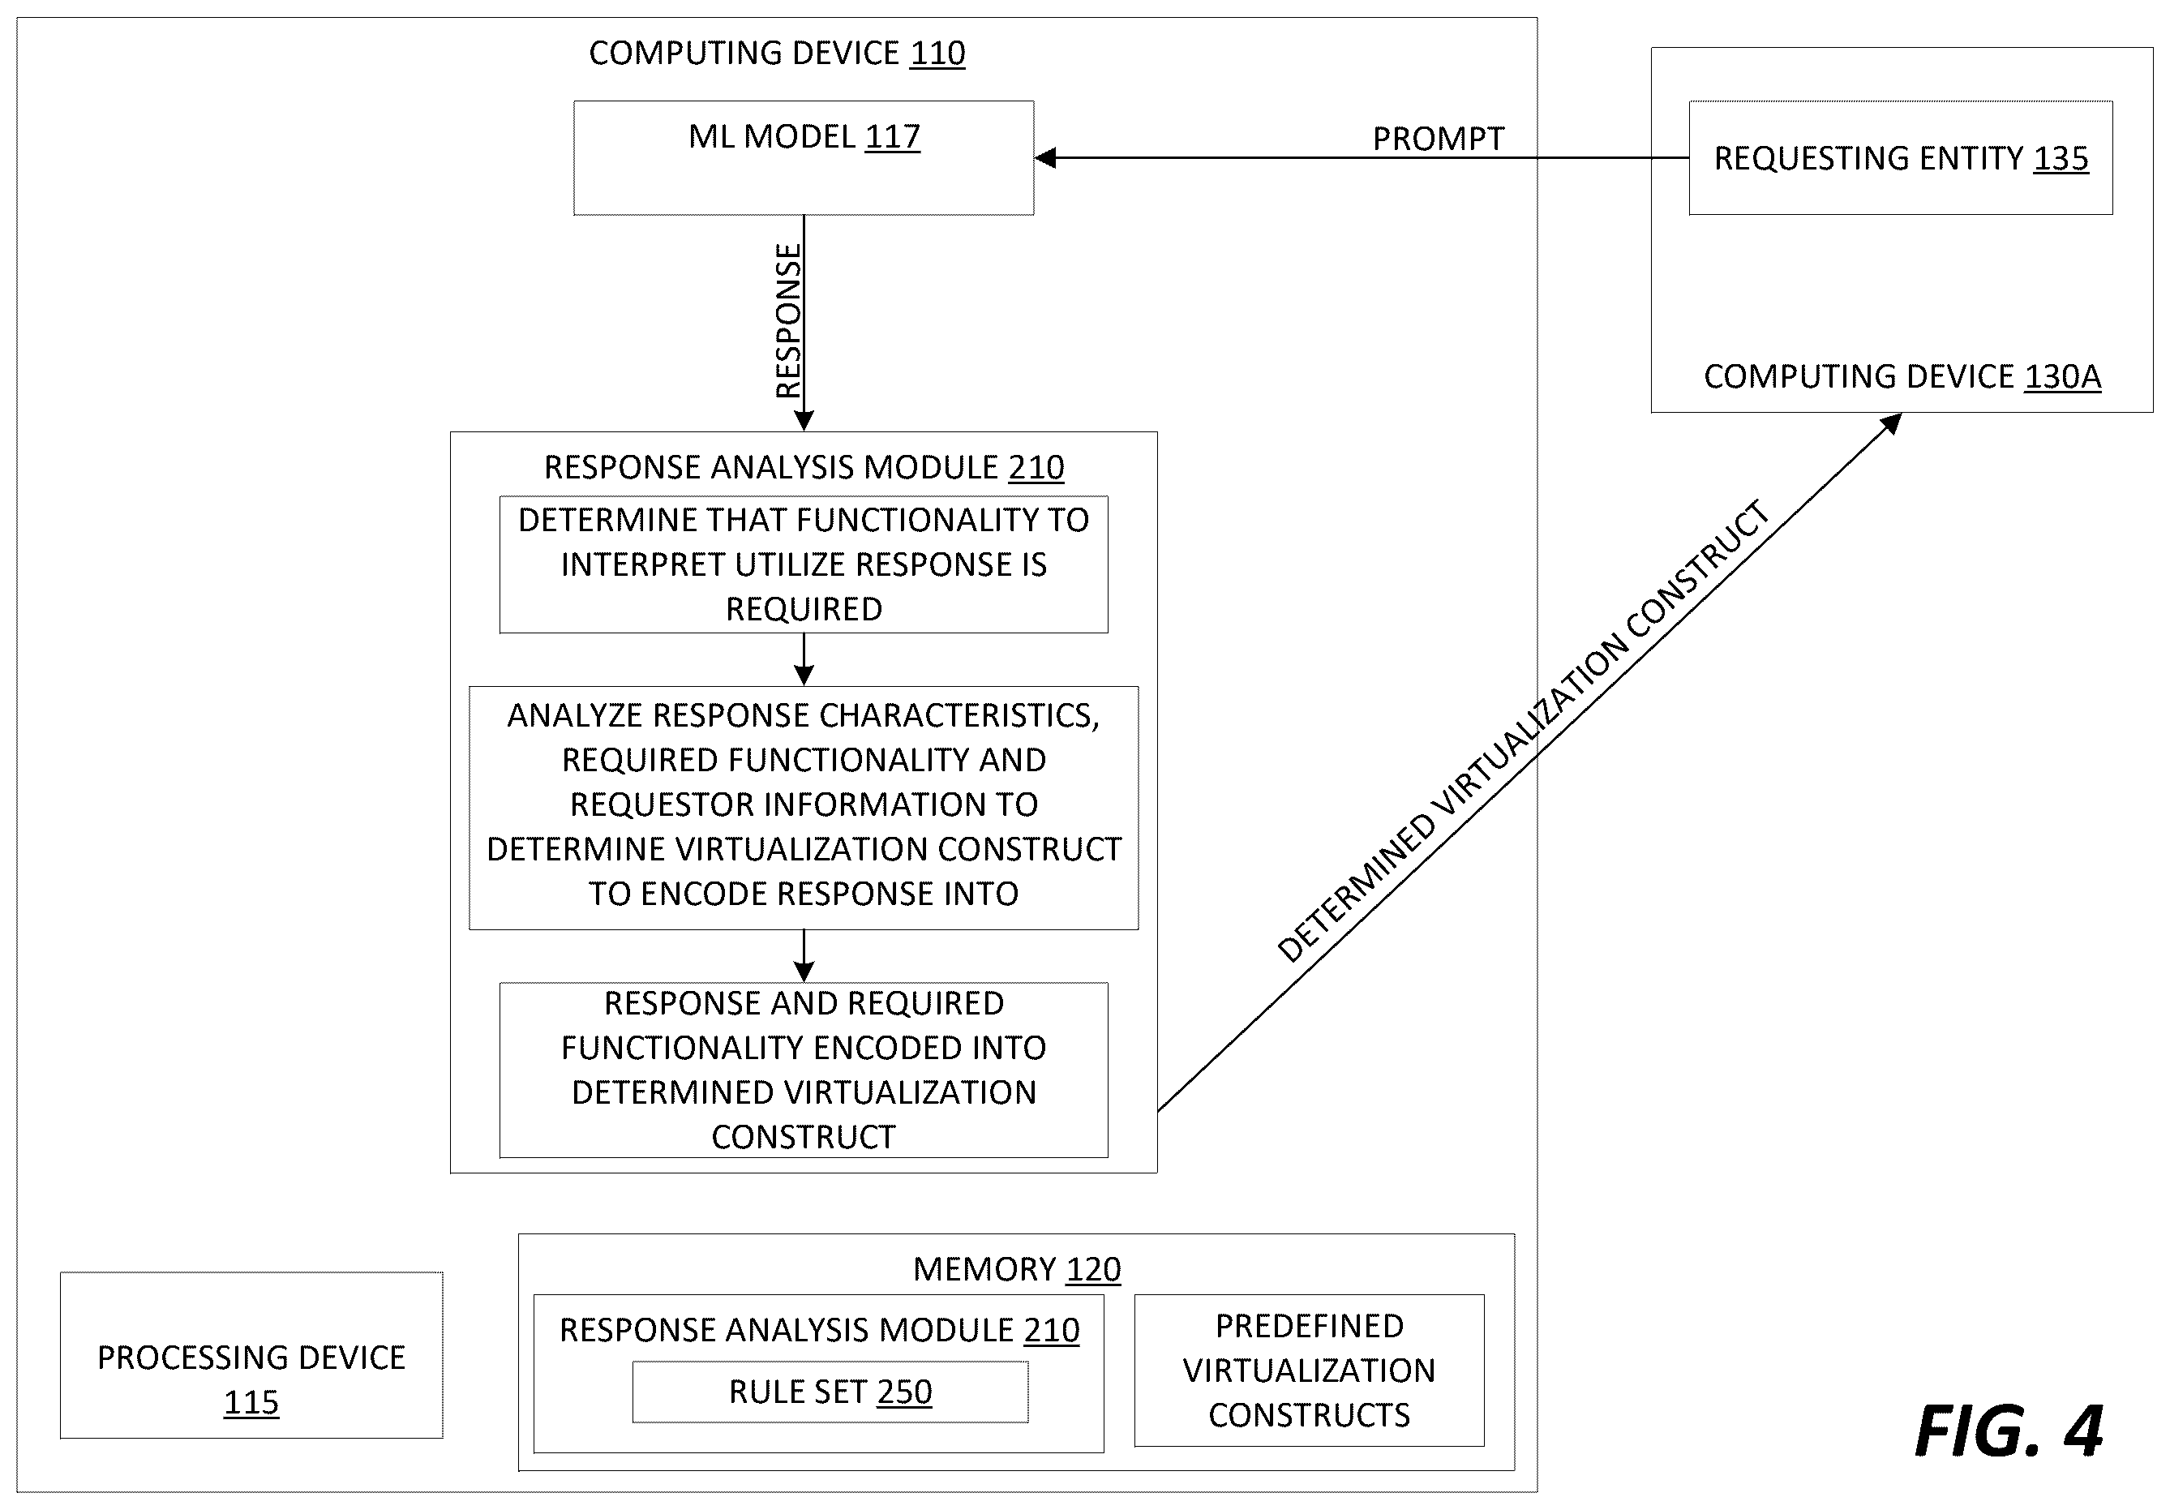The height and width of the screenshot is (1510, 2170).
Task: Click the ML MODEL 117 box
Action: point(804,158)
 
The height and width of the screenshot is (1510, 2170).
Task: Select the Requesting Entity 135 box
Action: point(1901,158)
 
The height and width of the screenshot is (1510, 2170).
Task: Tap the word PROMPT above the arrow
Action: point(1438,139)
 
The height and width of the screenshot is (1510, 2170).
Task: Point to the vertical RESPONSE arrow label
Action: point(788,321)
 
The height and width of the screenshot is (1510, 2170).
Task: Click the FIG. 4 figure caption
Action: point(2009,1431)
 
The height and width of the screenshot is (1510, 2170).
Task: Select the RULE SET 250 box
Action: point(830,1392)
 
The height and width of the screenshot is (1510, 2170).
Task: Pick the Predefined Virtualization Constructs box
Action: point(1309,1371)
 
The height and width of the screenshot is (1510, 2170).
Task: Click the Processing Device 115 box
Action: point(251,1355)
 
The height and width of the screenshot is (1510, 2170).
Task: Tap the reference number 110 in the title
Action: point(937,53)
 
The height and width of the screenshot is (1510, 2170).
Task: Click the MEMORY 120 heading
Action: point(1017,1269)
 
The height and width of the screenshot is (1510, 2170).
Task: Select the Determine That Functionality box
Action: point(804,564)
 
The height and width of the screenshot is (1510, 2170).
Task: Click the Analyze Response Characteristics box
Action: point(804,808)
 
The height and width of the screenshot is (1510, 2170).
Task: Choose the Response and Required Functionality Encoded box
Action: point(804,1070)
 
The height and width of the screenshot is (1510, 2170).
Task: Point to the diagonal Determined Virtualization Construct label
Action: point(1523,731)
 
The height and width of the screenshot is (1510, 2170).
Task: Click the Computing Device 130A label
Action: point(1902,376)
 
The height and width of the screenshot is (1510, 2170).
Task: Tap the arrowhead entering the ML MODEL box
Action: point(1045,158)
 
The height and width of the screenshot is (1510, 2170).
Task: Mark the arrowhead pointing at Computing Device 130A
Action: point(1890,424)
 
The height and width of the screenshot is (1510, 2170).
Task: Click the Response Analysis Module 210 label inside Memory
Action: point(818,1331)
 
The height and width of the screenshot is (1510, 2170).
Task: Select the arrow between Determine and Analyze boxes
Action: point(804,659)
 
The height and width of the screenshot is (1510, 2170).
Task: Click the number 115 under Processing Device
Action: point(251,1402)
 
